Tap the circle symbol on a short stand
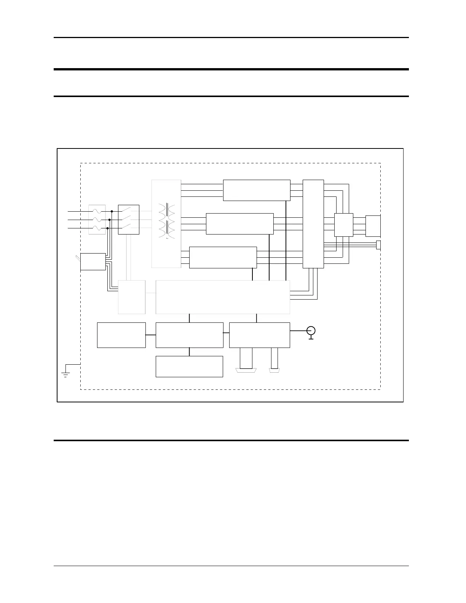coord(311,331)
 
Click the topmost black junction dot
coord(112,211)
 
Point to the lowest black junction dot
coord(107,228)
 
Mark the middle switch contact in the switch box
coord(128,219)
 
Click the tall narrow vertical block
coord(313,224)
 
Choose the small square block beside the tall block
coord(343,225)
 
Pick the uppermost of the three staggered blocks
coord(256,190)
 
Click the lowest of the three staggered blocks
coord(223,257)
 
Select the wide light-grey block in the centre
coord(223,297)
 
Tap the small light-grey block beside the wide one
coord(131,297)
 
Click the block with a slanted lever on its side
coord(93,262)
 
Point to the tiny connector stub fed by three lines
coord(378,245)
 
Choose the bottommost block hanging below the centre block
coord(189,366)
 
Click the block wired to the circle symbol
coord(259,335)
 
